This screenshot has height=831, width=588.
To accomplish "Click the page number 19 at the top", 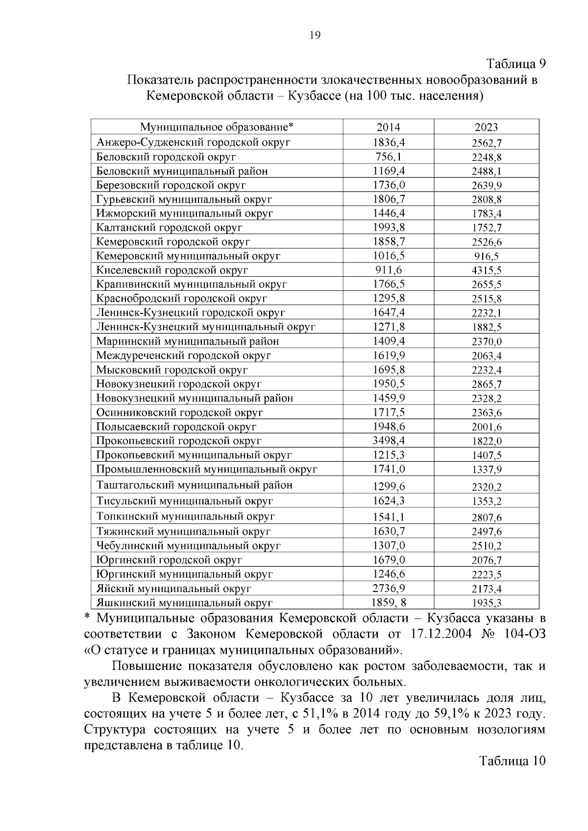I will [x=315, y=35].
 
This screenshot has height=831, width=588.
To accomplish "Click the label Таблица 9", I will [x=515, y=64].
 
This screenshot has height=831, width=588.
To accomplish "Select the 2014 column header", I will [x=388, y=127].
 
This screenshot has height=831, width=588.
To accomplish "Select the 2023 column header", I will [x=486, y=127].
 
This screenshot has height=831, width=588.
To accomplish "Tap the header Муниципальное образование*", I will [x=217, y=127].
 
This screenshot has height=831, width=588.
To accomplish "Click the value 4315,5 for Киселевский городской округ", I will [x=487, y=270].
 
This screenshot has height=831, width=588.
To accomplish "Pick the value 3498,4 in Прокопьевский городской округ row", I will [x=389, y=441].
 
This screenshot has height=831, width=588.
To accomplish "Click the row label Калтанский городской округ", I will [x=169, y=228].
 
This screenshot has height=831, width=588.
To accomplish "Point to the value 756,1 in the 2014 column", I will [x=389, y=157].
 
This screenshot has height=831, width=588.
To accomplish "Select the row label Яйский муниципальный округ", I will [x=173, y=589].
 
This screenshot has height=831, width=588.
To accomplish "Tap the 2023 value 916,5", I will [x=487, y=256].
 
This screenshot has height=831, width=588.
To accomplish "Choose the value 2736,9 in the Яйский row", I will [x=389, y=588].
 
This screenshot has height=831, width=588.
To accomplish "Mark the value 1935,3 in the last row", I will [x=487, y=603].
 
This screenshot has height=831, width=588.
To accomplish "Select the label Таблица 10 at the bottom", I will [x=512, y=761].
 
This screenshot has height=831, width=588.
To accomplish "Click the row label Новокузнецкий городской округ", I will [x=178, y=384].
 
